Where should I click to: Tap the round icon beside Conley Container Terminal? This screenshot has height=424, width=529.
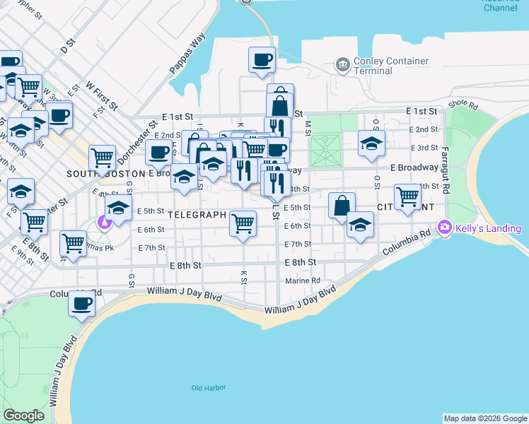point(343,65)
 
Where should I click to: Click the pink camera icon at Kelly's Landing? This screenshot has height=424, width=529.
point(445,228)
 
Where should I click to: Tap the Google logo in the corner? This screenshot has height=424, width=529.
point(23,416)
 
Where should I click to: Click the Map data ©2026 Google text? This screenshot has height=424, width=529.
point(486,418)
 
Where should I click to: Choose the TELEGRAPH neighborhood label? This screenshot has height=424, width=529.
point(197,214)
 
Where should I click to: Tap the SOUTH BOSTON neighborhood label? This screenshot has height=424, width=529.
point(106,173)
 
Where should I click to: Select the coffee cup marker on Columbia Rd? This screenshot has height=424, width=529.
point(81,304)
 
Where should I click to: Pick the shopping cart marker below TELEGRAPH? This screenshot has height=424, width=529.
point(243,223)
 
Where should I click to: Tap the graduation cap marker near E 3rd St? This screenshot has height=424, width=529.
point(371,143)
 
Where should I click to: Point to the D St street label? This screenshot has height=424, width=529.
point(67,48)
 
